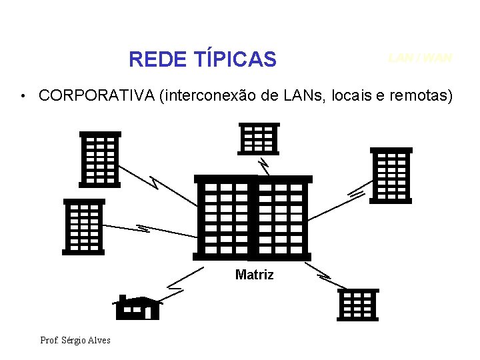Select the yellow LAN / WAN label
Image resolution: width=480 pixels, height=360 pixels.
click(420, 58)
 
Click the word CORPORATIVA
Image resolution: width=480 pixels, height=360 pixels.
click(97, 96)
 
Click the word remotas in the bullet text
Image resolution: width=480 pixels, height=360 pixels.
click(419, 96)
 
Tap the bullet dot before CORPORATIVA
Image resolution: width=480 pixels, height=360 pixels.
click(23, 97)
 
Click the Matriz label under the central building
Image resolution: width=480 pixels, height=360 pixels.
click(254, 275)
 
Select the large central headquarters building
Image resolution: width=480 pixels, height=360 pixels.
click(253, 217)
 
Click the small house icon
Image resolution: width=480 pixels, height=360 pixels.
click(137, 308)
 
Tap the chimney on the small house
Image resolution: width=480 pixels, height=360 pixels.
click(122, 298)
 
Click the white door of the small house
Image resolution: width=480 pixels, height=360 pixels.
click(148, 312)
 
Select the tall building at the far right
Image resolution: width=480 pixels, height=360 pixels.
click(391, 175)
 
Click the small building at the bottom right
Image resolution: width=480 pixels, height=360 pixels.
click(358, 305)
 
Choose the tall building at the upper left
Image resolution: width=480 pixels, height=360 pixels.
click(100, 159)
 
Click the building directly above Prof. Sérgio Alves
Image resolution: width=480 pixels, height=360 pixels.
click(83, 227)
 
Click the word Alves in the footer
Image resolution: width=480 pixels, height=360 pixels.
click(99, 341)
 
